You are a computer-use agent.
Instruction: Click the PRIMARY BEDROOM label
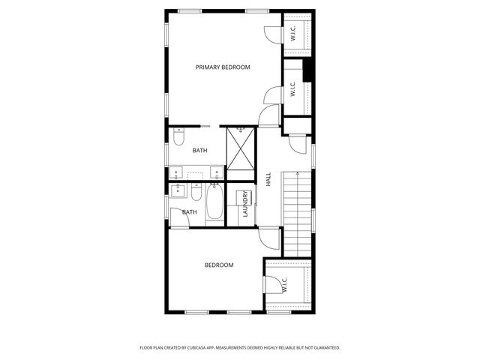223,67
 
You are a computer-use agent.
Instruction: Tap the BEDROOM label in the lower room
219,265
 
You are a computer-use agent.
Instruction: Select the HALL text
268,180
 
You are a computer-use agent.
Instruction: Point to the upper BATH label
199,151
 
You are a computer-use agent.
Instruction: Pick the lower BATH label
190,212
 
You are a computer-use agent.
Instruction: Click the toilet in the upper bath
178,137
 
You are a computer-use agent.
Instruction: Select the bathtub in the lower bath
214,204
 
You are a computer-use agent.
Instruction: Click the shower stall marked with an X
241,150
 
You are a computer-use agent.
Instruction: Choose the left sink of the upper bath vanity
177,173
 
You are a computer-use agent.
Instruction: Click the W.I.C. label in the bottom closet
285,284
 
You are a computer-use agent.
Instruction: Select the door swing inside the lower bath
177,217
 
